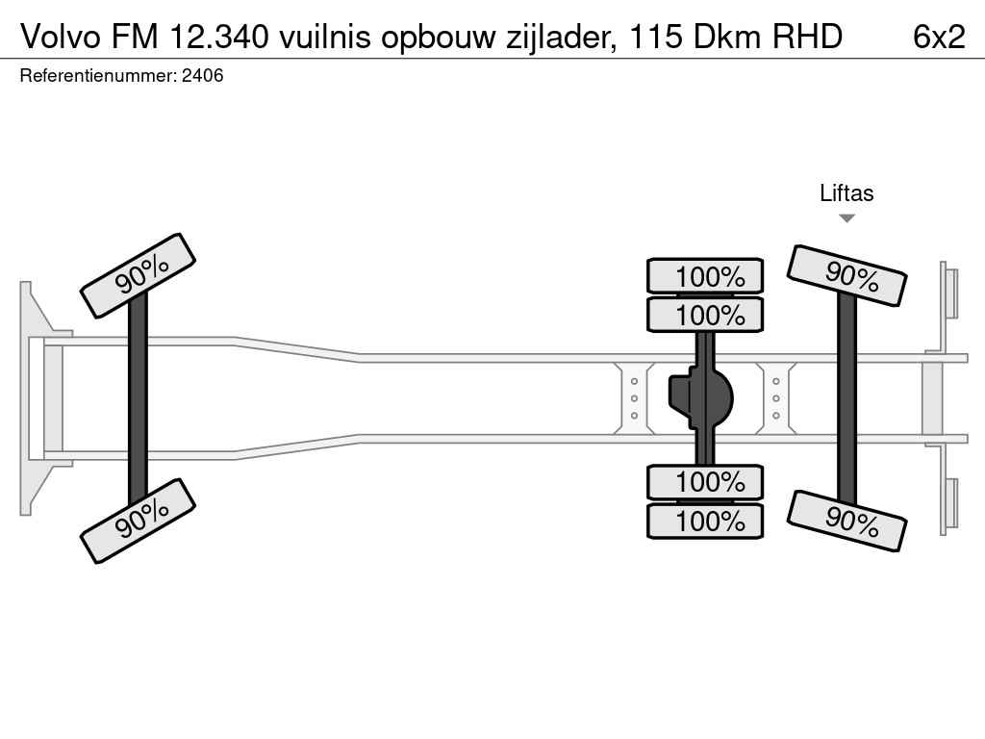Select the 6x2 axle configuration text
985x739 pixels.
tap(938, 36)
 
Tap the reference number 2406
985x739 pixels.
tap(202, 75)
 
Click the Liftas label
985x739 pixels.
tap(846, 193)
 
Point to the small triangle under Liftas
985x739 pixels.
tap(846, 218)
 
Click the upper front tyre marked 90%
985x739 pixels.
tap(139, 275)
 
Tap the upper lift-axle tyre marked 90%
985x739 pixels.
tap(847, 275)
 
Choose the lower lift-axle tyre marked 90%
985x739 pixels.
tap(847, 521)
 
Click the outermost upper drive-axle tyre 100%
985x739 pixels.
tap(705, 276)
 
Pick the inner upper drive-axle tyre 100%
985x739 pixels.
tap(705, 315)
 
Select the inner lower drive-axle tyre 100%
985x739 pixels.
tap(705, 481)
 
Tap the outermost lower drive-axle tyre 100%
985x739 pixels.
tap(705, 522)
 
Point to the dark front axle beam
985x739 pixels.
tap(138, 397)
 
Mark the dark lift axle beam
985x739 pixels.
tap(846, 397)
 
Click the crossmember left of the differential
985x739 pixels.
tap(635, 397)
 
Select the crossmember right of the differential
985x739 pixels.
tap(775, 397)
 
